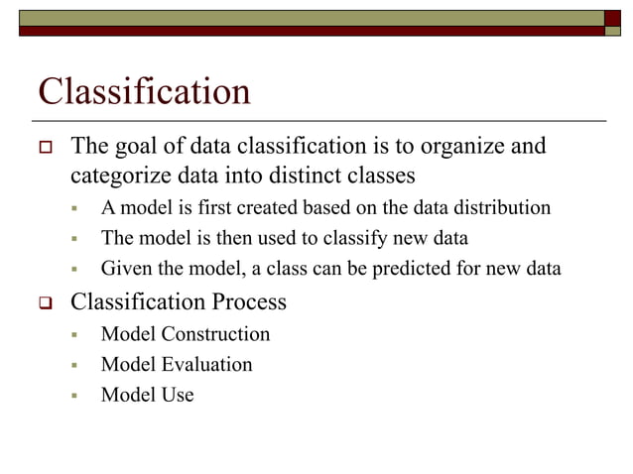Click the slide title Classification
tap(144, 92)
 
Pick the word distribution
tap(501, 208)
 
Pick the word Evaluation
tap(206, 364)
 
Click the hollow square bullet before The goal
tap(45, 149)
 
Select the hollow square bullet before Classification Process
tap(45, 302)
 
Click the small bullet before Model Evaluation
tap(74, 365)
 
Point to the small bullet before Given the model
tap(74, 269)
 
